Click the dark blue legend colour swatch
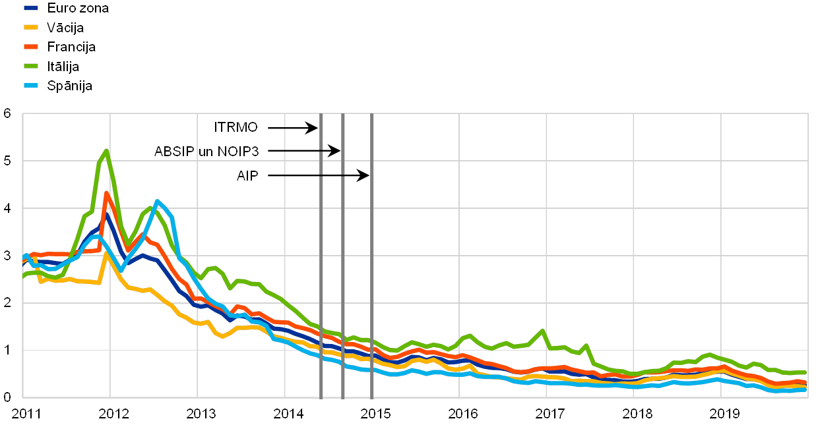click(32, 8)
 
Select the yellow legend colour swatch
click(32, 27)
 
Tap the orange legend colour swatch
click(32, 47)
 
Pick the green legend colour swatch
click(32, 66)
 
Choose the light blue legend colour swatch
click(32, 86)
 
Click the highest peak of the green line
click(106, 151)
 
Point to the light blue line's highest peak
click(157, 201)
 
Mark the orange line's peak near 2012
click(106, 193)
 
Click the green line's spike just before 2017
click(542, 331)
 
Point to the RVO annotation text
click(243, 128)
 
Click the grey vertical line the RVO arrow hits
click(321, 264)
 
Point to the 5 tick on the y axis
click(8, 161)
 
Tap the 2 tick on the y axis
click(8, 302)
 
